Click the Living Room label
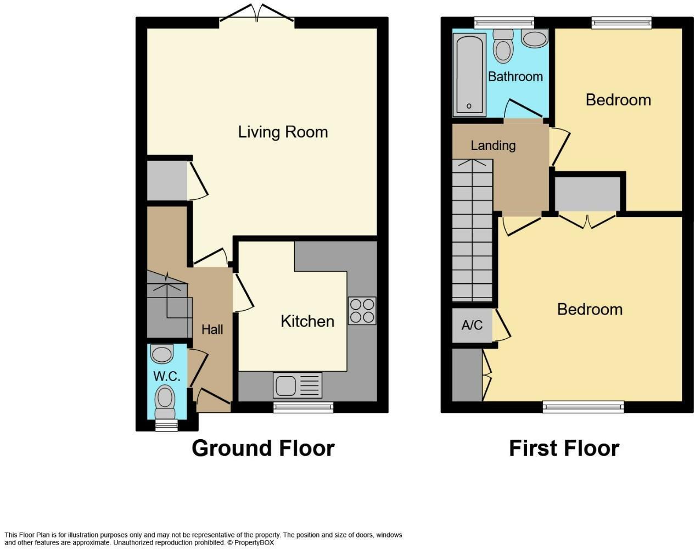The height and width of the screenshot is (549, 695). click(283, 132)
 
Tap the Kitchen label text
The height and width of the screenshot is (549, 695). click(307, 321)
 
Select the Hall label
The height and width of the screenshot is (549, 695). click(212, 329)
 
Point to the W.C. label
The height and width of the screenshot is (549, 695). click(167, 377)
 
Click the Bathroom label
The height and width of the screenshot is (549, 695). click(515, 76)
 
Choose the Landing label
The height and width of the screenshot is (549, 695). click(493, 145)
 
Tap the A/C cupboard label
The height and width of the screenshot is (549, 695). click(472, 326)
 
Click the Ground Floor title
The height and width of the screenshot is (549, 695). click(263, 449)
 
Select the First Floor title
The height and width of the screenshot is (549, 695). click(564, 449)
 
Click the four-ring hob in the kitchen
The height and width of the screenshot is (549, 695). click(362, 311)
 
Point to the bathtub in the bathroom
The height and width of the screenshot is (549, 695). click(469, 75)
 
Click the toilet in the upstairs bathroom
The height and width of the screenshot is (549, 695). click(503, 46)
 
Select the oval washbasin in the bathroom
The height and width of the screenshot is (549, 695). click(534, 38)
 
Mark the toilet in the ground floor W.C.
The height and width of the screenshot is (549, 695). click(164, 398)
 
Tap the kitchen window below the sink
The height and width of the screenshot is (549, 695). click(304, 407)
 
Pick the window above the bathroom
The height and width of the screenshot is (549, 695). click(504, 23)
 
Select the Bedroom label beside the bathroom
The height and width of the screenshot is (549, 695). click(618, 100)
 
